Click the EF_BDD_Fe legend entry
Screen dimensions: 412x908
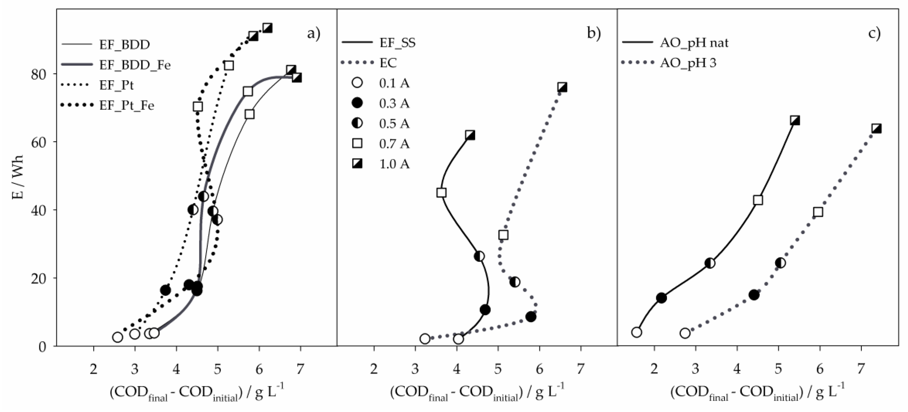click(x=135, y=65)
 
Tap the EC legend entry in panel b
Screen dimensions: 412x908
click(x=388, y=63)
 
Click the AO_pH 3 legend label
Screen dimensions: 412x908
click(x=688, y=63)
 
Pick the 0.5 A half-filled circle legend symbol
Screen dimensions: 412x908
click(x=357, y=123)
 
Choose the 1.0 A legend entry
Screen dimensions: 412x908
click(x=394, y=164)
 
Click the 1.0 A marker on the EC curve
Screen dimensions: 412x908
click(x=562, y=87)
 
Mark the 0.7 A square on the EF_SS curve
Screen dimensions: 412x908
click(x=441, y=193)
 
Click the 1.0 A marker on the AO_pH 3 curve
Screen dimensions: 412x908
click(x=876, y=129)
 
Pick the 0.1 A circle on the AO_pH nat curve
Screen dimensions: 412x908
click(x=637, y=332)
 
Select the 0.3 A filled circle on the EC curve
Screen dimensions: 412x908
click(x=531, y=317)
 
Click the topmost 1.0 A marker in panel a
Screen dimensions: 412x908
click(x=267, y=28)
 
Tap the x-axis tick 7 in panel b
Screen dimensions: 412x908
click(x=580, y=369)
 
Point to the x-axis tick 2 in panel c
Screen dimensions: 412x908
click(x=654, y=369)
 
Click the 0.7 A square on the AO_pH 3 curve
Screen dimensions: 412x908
click(x=818, y=212)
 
